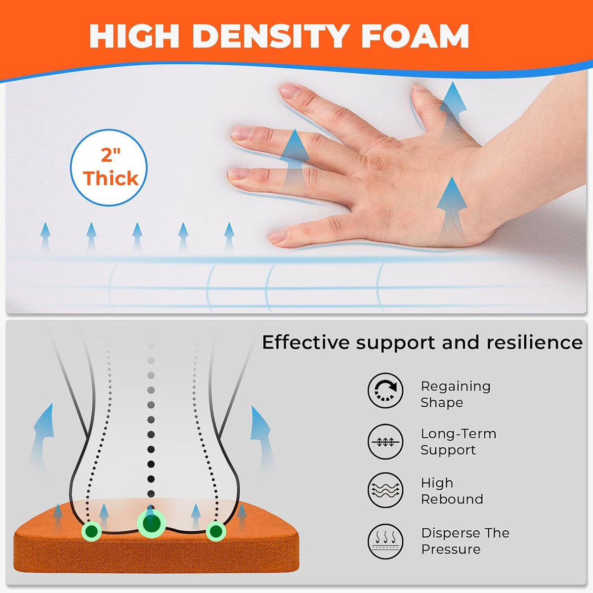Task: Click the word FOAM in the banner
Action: [415, 36]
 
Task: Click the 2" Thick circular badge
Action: [109, 168]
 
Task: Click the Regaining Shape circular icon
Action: [385, 390]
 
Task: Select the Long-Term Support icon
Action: [385, 442]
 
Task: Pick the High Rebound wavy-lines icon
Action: [385, 490]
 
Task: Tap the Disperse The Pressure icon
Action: [385, 541]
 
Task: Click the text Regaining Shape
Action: [456, 394]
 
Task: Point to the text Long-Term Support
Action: [459, 442]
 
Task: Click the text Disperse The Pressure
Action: [466, 541]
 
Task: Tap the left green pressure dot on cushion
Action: [91, 531]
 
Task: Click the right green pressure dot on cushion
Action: [216, 531]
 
